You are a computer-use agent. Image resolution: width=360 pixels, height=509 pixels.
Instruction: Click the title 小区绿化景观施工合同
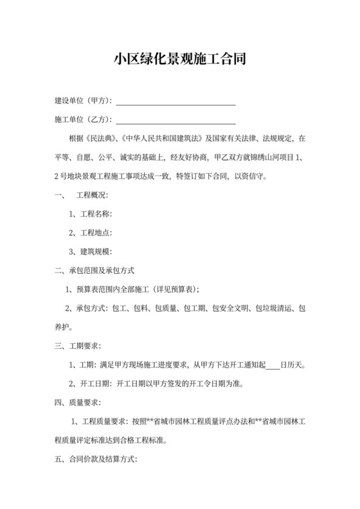click(x=179, y=60)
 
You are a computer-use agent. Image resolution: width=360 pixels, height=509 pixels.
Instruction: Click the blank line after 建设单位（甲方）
click(x=175, y=102)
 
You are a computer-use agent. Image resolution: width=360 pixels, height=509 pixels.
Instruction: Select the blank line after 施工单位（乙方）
click(x=175, y=120)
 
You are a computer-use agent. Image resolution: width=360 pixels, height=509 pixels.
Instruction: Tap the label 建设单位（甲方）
click(x=83, y=102)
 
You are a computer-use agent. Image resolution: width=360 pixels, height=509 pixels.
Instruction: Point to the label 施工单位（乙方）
click(x=83, y=120)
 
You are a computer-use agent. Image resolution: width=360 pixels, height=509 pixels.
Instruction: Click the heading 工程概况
click(x=93, y=195)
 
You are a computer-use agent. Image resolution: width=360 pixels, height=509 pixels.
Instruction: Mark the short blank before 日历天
click(x=272, y=366)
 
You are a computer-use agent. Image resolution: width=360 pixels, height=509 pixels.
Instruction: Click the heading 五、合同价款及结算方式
click(x=96, y=460)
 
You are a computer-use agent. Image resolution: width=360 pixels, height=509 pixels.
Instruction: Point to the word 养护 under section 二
click(x=62, y=327)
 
